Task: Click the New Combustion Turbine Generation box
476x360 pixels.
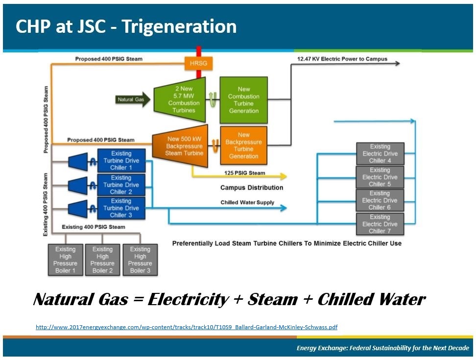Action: pyautogui.click(x=243, y=100)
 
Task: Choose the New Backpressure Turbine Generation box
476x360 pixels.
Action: pyautogui.click(x=243, y=145)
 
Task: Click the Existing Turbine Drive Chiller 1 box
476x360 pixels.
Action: pyautogui.click(x=121, y=161)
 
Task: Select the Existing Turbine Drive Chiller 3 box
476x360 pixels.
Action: pyautogui.click(x=121, y=208)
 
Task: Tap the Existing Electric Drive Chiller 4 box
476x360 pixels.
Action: pyautogui.click(x=380, y=154)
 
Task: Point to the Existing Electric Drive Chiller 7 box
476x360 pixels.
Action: pyautogui.click(x=380, y=224)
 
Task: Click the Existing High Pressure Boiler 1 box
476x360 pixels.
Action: pyautogui.click(x=65, y=260)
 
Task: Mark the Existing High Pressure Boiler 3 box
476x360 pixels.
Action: pyautogui.click(x=140, y=260)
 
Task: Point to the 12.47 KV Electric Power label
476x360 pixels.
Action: pyautogui.click(x=342, y=59)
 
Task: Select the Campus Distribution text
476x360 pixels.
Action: pyautogui.click(x=252, y=188)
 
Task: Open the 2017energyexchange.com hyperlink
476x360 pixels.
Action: pyautogui.click(x=187, y=327)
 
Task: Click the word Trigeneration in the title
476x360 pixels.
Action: pyautogui.click(x=179, y=26)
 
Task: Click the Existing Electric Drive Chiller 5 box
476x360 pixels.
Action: pyautogui.click(x=380, y=177)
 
